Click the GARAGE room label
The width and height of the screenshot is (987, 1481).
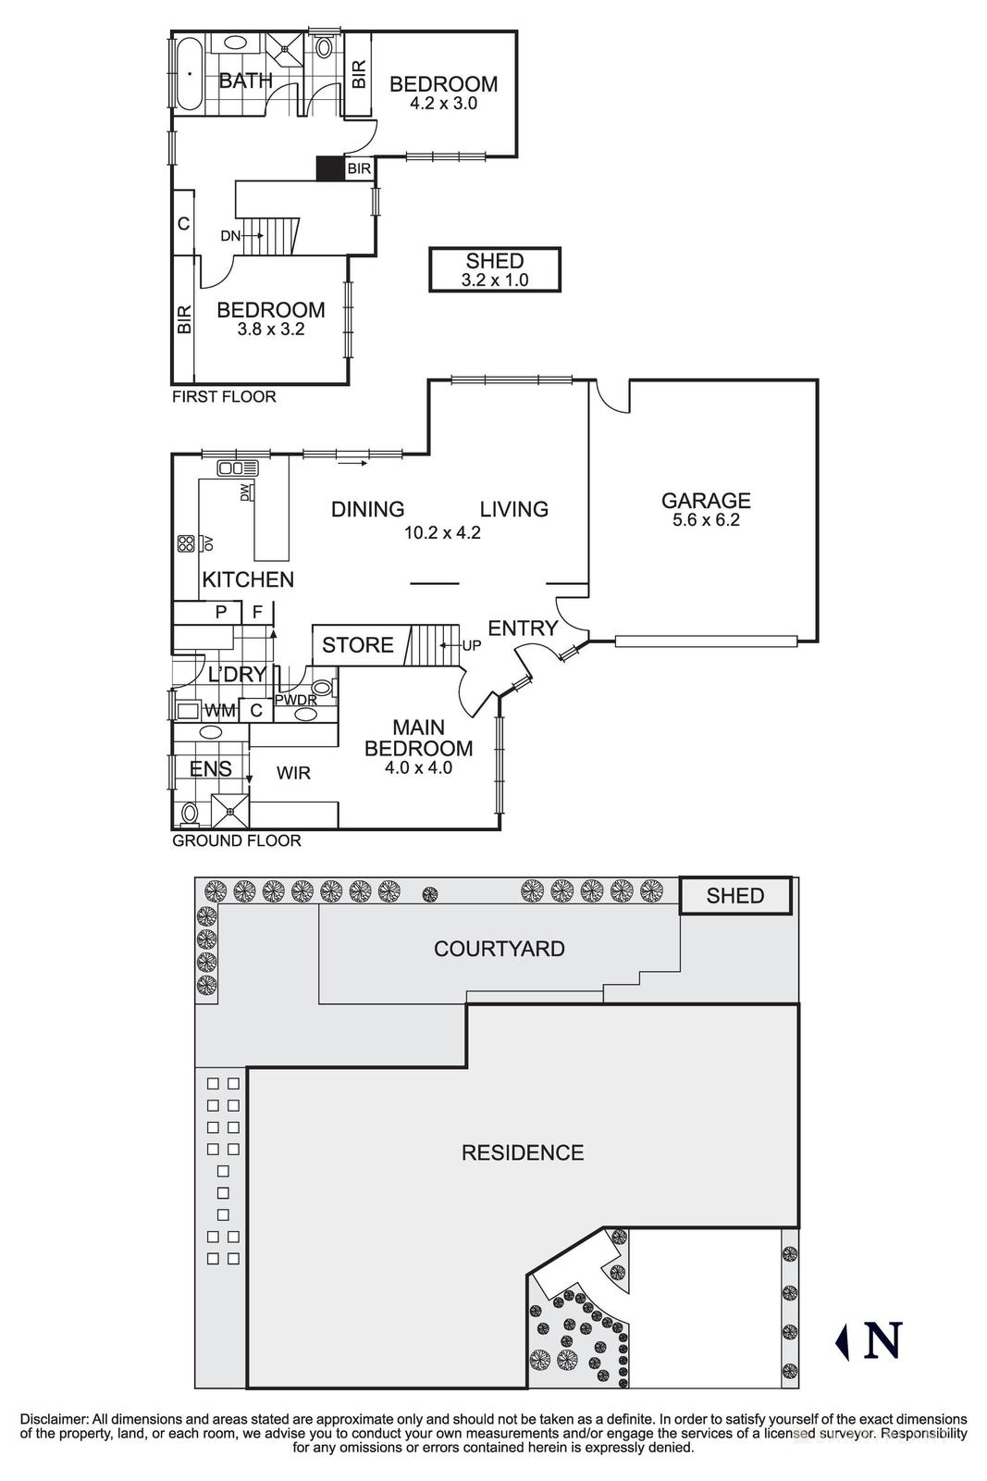[x=705, y=501]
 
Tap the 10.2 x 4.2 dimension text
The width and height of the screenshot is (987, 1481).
[x=442, y=533]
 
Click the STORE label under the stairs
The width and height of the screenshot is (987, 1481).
[x=358, y=645]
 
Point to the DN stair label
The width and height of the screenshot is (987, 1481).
[x=229, y=236]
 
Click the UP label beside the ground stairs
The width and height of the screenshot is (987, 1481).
[x=472, y=645]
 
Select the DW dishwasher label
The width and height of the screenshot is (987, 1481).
[x=245, y=492]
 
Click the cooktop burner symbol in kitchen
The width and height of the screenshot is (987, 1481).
[x=185, y=543]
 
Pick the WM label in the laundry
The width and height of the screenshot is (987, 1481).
[x=218, y=711]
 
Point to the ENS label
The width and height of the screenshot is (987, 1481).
[x=210, y=769]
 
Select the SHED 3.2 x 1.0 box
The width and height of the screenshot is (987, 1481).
[x=495, y=269]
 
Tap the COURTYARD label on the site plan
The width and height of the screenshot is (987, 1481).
[x=499, y=949]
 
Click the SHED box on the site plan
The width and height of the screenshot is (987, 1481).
[x=735, y=896]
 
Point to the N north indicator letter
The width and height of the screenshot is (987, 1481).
[x=882, y=1340]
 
